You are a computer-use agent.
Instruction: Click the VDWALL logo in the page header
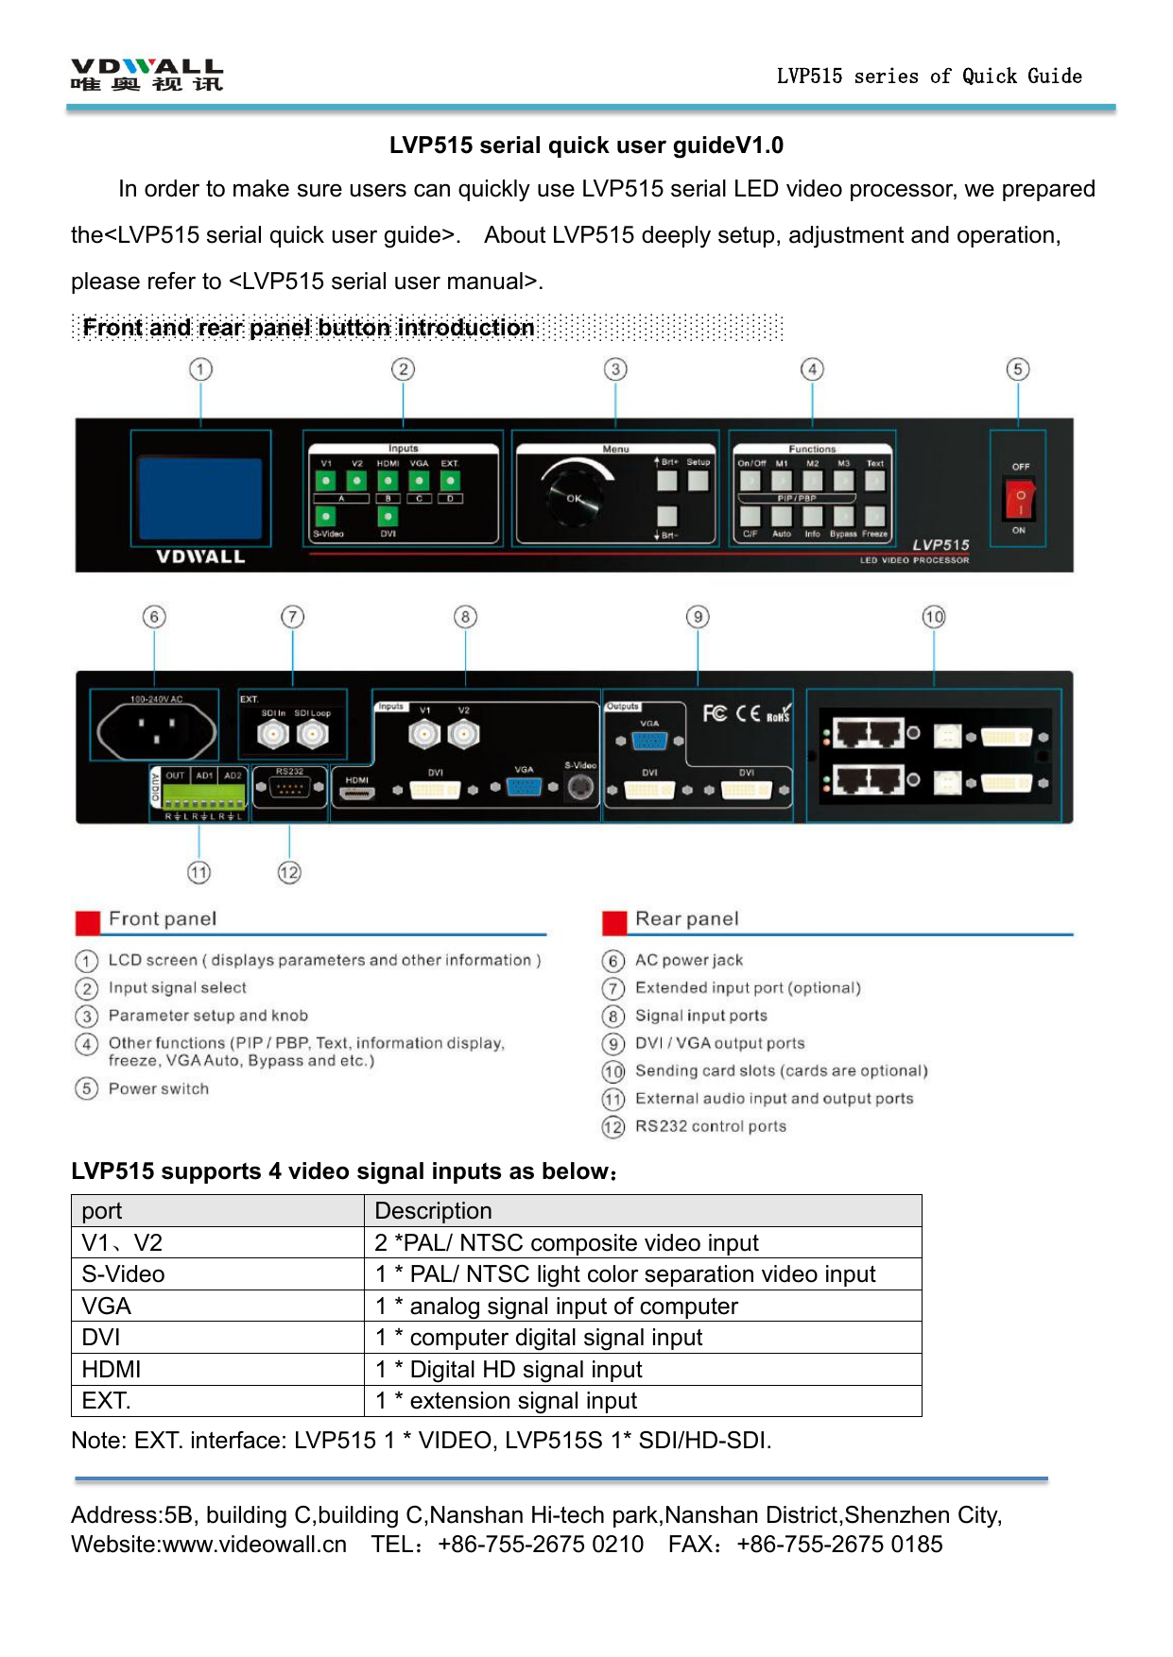pos(147,75)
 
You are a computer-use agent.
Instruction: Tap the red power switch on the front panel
pos(1020,498)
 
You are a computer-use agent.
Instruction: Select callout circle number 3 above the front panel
pos(615,369)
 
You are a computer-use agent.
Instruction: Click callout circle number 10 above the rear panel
pos(934,617)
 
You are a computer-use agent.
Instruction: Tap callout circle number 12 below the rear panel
pos(289,873)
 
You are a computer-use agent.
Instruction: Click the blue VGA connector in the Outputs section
pos(649,741)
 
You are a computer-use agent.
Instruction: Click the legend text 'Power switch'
pos(159,1088)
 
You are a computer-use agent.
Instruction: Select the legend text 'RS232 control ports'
pos(711,1126)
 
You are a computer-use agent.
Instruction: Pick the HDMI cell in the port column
pos(112,1369)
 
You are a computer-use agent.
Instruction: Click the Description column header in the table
pos(434,1210)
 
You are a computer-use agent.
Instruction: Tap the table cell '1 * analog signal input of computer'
pos(557,1306)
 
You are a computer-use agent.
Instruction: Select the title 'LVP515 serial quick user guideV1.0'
pos(586,145)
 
